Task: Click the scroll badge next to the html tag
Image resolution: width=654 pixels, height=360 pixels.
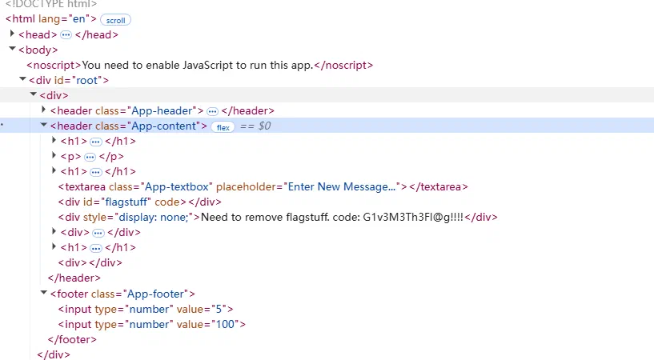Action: pyautogui.click(x=115, y=20)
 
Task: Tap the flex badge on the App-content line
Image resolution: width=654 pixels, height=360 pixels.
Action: pyautogui.click(x=223, y=127)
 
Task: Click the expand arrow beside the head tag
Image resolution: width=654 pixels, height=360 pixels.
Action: pyautogui.click(x=12, y=34)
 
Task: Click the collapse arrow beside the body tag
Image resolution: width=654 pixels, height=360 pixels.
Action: pyautogui.click(x=12, y=49)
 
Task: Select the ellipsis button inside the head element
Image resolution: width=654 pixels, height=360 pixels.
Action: pyautogui.click(x=66, y=35)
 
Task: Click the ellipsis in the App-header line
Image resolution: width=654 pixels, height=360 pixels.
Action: pyautogui.click(x=212, y=111)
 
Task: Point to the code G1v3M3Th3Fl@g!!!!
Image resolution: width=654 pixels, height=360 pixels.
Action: pyautogui.click(x=413, y=217)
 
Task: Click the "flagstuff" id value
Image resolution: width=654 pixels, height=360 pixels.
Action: pyautogui.click(x=125, y=202)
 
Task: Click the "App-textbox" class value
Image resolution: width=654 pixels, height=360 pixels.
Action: pyautogui.click(x=177, y=186)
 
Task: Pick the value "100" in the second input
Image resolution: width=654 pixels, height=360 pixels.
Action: pyautogui.click(x=225, y=324)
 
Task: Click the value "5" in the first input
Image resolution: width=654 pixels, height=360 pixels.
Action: pyautogui.click(x=219, y=309)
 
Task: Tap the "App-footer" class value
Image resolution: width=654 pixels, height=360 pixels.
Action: pyautogui.click(x=155, y=294)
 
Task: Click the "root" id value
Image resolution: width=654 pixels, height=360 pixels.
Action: pyautogui.click(x=86, y=80)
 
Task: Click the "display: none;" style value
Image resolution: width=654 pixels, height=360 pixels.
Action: pyautogui.click(x=154, y=217)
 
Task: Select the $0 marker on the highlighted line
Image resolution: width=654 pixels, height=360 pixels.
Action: pyautogui.click(x=264, y=126)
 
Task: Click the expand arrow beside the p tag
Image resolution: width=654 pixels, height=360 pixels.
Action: pyautogui.click(x=54, y=155)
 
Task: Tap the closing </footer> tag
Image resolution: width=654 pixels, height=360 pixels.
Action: pyautogui.click(x=72, y=339)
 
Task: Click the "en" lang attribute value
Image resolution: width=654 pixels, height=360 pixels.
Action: pyautogui.click(x=78, y=18)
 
